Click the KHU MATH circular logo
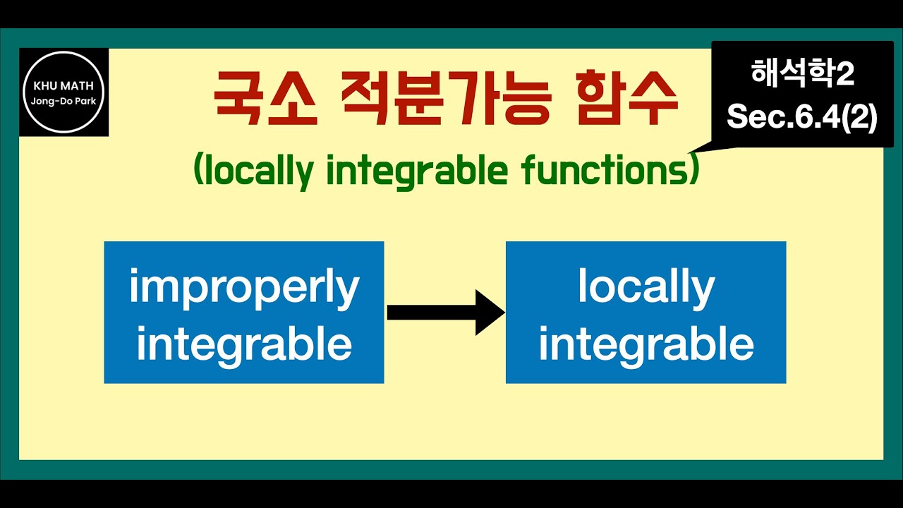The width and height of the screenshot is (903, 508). pos(63,92)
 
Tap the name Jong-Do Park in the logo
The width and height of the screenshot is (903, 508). pos(63,101)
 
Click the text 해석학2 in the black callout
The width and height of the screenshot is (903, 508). pos(802,73)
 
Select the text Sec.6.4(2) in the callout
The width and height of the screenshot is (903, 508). pos(802,116)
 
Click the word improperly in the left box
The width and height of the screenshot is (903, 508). pos(244,289)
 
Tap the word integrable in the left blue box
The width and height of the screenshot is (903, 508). pos(244,344)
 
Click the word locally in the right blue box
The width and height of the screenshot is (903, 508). pos(646,287)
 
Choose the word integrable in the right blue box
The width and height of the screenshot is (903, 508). pos(646,344)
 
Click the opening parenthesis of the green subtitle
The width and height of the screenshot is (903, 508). pos(198,171)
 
